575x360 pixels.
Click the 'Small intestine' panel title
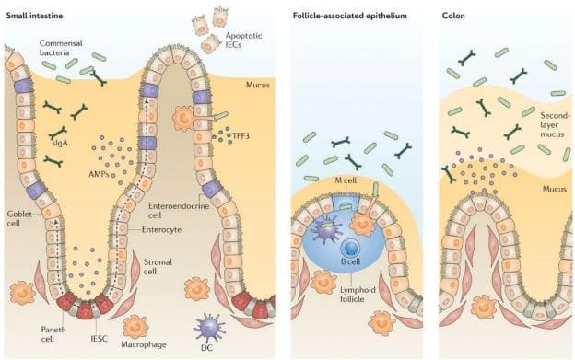pos(35,16)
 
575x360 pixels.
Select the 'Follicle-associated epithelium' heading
pos(350,16)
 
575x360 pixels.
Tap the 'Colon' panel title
pos(453,16)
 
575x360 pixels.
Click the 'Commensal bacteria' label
pos(61,48)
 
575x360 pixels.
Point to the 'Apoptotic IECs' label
pos(243,41)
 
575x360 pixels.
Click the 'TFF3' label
pos(241,136)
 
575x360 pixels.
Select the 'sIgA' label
pos(60,143)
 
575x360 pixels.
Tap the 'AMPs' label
pos(99,174)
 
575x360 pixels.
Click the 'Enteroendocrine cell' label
pos(179,210)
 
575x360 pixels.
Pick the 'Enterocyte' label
pos(161,229)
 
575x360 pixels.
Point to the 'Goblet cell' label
pos(19,218)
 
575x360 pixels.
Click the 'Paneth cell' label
pos(53,334)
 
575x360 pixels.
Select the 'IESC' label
pos(99,339)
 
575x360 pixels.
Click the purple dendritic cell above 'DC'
pos(208,327)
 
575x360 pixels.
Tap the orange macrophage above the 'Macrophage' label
pos(135,327)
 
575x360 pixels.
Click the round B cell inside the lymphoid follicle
pos(351,249)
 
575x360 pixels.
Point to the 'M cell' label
pos(346,180)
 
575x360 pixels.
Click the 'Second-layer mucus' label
pos(556,125)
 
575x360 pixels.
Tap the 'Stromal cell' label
pos(158,267)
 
